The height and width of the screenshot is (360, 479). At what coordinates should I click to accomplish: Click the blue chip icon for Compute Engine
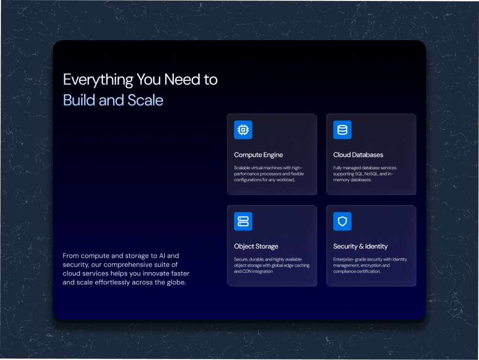coord(243,130)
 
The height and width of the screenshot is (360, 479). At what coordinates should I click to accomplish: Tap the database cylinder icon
coord(342,130)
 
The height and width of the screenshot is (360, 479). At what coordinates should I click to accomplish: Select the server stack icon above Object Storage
coord(243,221)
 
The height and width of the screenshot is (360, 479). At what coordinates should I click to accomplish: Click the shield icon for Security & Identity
coord(342,221)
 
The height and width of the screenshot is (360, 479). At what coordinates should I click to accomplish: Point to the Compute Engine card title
coord(259,155)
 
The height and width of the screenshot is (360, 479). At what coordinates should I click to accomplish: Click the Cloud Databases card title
coord(358,154)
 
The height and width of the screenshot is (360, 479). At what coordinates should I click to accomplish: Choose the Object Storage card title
coord(256,246)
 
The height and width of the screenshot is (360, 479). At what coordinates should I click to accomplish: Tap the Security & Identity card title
coord(360,246)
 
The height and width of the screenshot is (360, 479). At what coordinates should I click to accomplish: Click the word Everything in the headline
coord(98,80)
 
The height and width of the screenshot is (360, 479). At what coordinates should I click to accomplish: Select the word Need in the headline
coord(182,79)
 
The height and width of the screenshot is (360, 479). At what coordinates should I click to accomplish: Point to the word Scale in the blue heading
coord(145,100)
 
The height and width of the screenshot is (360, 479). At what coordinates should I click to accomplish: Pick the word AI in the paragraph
coord(163,255)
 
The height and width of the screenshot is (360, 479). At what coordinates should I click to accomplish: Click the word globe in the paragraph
coord(176,282)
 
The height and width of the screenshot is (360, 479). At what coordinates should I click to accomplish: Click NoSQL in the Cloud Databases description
coord(371,174)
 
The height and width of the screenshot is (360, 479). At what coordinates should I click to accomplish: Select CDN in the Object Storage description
coord(247,272)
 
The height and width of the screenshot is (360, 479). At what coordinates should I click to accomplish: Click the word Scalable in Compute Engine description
coord(242,168)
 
